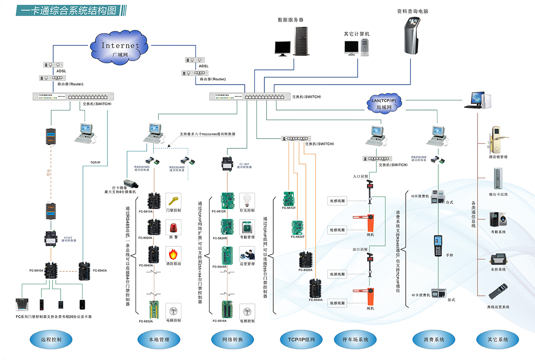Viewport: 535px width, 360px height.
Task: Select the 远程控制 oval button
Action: [51, 340]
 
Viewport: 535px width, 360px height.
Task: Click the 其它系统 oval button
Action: [498, 340]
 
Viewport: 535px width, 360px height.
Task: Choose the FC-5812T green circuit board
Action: [289, 198]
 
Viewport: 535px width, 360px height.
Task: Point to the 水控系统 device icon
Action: [497, 259]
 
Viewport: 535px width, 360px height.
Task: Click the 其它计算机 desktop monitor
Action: [351, 47]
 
